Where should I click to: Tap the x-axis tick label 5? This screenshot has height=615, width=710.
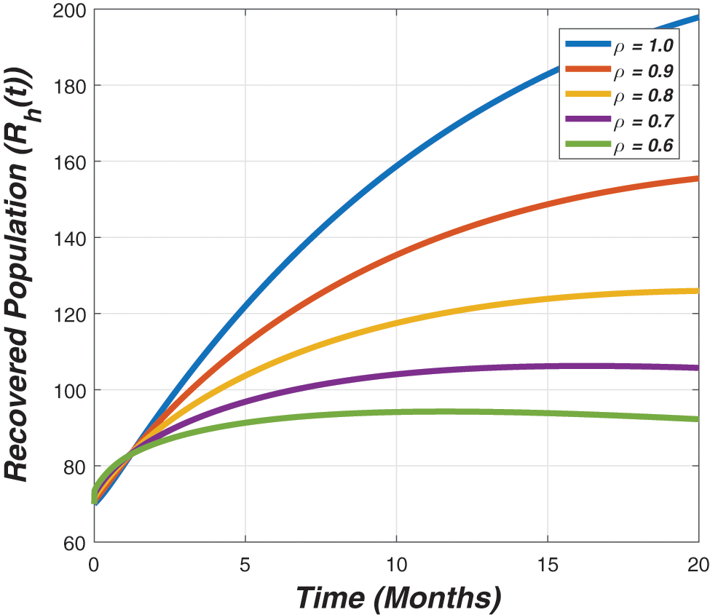245,565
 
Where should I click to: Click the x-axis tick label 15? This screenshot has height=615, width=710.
548,565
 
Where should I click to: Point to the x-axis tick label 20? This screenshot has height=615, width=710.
698,565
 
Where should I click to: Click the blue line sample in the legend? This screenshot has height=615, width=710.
587,45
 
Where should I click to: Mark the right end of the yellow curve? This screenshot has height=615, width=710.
697,291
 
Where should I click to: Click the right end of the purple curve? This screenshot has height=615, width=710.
697,368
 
